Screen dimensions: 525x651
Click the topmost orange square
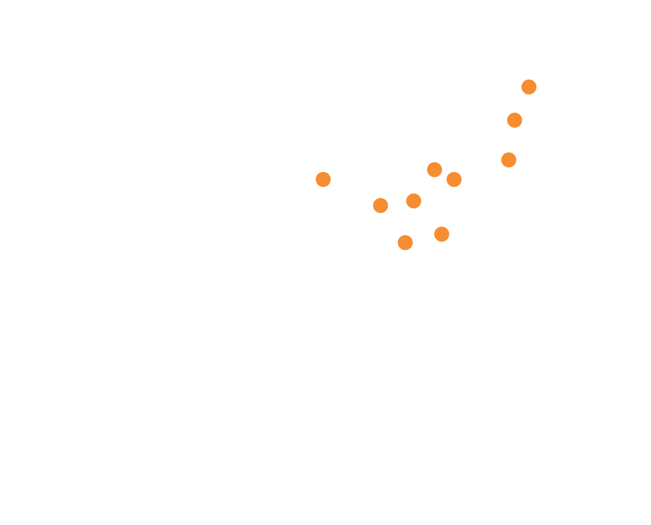[x=529, y=88]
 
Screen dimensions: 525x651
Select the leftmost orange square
[x=324, y=180]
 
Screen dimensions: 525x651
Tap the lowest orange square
[x=405, y=242]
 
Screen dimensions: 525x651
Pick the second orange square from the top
[x=514, y=121]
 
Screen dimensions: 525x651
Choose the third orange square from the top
[x=508, y=160]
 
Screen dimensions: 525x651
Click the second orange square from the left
[x=381, y=206]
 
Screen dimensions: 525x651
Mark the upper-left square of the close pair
[x=435, y=169]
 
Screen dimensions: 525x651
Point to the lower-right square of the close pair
[x=454, y=180]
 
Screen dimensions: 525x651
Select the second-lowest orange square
[x=441, y=234]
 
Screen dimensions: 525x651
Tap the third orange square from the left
[x=405, y=242]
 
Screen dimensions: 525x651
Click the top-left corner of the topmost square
[x=520, y=79]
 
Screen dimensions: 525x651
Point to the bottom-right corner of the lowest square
[x=414, y=251]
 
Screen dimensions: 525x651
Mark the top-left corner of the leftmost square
[x=316, y=171]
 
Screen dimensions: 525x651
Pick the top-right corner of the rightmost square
[x=537, y=79]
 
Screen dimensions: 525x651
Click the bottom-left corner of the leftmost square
[x=316, y=188]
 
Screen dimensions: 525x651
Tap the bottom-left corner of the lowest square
[x=396, y=251]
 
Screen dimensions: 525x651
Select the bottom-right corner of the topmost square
[x=537, y=96]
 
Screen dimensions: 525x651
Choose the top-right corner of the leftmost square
[x=331, y=171]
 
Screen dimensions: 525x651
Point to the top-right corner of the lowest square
[x=414, y=234]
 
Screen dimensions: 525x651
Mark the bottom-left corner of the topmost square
[x=520, y=96]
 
